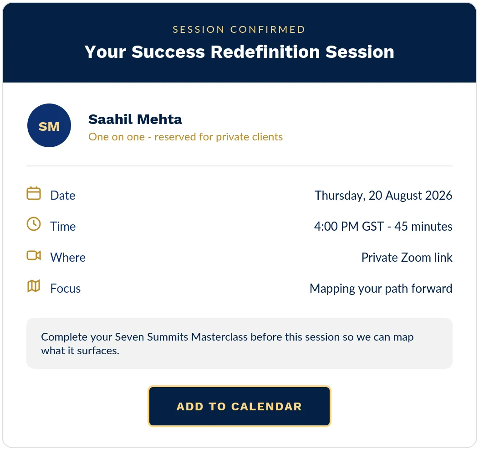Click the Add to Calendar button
coord(239,406)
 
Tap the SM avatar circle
coord(49,125)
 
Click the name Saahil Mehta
coord(135,119)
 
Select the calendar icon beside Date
coord(34,193)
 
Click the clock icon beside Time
coord(34,224)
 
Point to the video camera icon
coord(34,255)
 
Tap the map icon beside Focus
coord(34,286)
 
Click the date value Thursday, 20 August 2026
coord(383,196)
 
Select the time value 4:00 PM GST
coord(349,227)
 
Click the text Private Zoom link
coord(407,258)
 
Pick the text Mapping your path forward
coord(381,289)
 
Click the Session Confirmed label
coord(239,29)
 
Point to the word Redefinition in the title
coord(265,52)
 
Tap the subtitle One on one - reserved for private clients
coord(185,137)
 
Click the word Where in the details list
coord(68,258)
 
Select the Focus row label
coord(66,289)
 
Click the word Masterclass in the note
coord(219,337)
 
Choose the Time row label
coord(63,227)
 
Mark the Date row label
coord(63,196)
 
